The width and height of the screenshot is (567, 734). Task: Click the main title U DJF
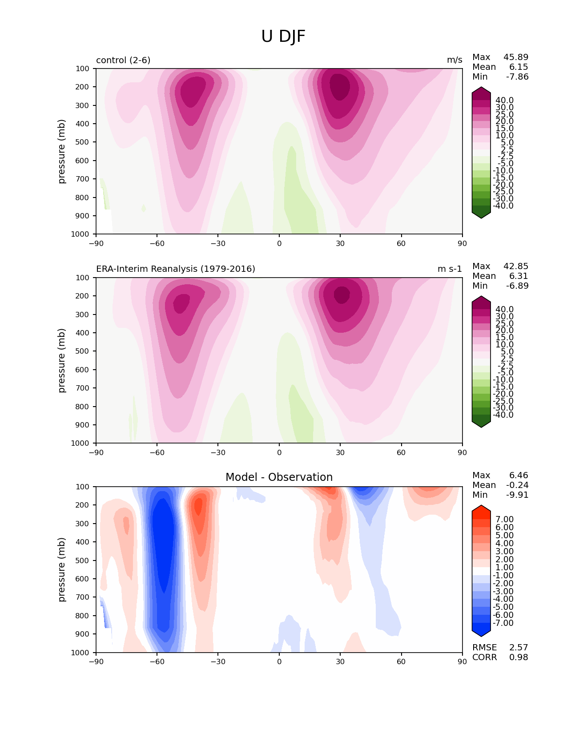283,36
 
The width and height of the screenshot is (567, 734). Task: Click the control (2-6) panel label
123,60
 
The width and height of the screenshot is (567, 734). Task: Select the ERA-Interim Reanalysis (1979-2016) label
176,269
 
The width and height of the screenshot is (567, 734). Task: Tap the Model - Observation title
279,477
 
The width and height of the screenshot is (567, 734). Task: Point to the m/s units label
454,60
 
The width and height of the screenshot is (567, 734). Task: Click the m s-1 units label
450,269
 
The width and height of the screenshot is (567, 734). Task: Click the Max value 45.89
516,57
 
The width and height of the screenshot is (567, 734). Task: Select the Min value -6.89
517,286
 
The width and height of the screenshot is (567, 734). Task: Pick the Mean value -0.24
517,485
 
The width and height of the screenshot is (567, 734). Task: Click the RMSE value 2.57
519,648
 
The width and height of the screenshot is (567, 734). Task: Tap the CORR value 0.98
519,657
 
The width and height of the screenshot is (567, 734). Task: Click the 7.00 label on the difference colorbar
505,520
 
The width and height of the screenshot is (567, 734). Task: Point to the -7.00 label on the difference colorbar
503,623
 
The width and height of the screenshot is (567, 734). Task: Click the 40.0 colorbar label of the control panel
505,101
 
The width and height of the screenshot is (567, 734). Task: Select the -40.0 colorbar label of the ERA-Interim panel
503,415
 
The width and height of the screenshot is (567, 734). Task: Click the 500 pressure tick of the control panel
83,142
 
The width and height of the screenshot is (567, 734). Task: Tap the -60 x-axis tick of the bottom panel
157,661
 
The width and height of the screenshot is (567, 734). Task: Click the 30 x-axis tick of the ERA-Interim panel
340,452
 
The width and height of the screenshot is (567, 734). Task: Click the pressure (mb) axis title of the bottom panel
62,569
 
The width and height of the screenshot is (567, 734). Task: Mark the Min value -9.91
517,495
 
